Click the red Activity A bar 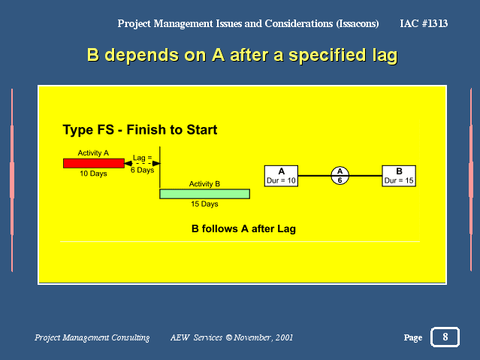pyautogui.click(x=94, y=163)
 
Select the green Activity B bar pyautogui.click(x=204, y=194)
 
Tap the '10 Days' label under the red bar pyautogui.click(x=93, y=174)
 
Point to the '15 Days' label pyautogui.click(x=204, y=204)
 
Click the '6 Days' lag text pyautogui.click(x=142, y=170)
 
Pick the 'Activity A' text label pyautogui.click(x=93, y=153)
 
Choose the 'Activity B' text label pyautogui.click(x=204, y=184)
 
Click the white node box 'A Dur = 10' pyautogui.click(x=281, y=176)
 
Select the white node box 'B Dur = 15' pyautogui.click(x=399, y=176)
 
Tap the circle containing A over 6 pyautogui.click(x=340, y=176)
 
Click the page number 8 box pyautogui.click(x=445, y=337)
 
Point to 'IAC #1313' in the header pyautogui.click(x=424, y=23)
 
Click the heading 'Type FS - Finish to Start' pyautogui.click(x=140, y=130)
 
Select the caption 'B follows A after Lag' pyautogui.click(x=243, y=229)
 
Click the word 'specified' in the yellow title pyautogui.click(x=328, y=55)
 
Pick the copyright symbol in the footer pyautogui.click(x=228, y=337)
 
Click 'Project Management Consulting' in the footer pyautogui.click(x=92, y=337)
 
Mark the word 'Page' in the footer pyautogui.click(x=413, y=337)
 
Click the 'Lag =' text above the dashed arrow pyautogui.click(x=142, y=158)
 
